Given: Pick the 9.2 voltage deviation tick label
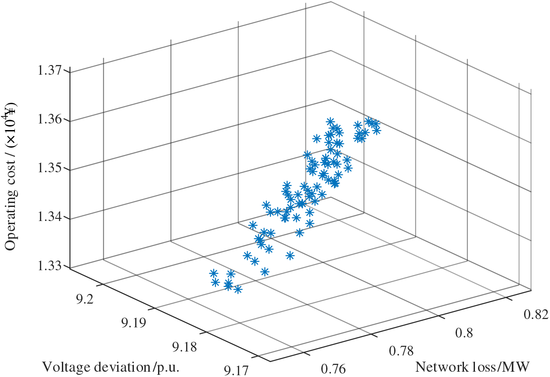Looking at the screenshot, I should [x=84, y=300].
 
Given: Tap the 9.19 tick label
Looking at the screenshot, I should [x=134, y=324].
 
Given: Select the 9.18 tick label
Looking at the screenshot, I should [x=184, y=348].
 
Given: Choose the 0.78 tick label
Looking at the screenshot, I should [x=401, y=350].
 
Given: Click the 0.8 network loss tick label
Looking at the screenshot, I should [x=463, y=333].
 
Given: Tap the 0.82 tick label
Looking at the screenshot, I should [x=535, y=315].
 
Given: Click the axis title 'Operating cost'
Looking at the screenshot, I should [x=10, y=176].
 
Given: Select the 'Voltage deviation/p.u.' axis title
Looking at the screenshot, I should [x=111, y=366].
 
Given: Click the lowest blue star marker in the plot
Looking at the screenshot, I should [x=238, y=289].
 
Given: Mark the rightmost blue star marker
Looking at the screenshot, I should [x=376, y=130].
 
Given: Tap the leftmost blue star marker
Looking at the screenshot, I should [x=214, y=273].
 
